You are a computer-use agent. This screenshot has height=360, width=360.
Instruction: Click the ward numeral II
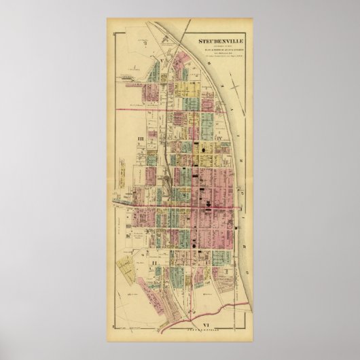point(155,261)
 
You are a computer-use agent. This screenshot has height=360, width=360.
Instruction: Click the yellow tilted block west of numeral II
point(126,262)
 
